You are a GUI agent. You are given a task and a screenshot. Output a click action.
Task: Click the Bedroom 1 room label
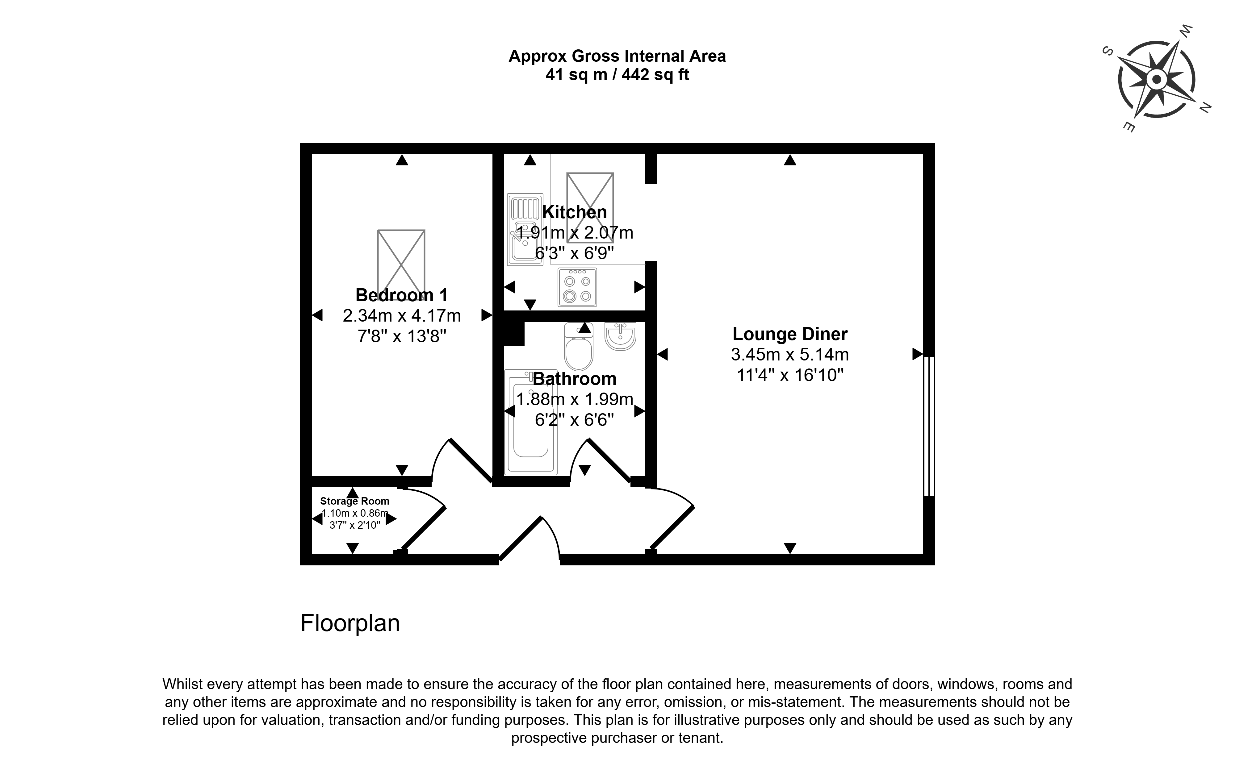pyautogui.click(x=401, y=295)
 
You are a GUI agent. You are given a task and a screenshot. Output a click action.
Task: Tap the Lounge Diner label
pyautogui.click(x=790, y=334)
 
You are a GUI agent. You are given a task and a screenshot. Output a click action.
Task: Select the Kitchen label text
pyautogui.click(x=574, y=212)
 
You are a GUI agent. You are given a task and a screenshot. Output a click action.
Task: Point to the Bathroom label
pyautogui.click(x=574, y=379)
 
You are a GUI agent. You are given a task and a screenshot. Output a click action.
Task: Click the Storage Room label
pyautogui.click(x=355, y=501)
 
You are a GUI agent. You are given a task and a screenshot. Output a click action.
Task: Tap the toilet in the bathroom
pyautogui.click(x=579, y=346)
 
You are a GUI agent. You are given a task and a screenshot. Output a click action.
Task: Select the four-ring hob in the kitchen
pyautogui.click(x=577, y=287)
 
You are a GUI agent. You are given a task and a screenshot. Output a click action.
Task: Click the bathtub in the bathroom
pyautogui.click(x=530, y=422)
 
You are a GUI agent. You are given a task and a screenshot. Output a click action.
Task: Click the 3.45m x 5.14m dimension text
pyautogui.click(x=790, y=354)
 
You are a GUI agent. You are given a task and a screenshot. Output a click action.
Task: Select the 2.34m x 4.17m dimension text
pyautogui.click(x=401, y=316)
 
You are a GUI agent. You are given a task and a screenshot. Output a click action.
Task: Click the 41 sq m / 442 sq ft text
pyautogui.click(x=617, y=75)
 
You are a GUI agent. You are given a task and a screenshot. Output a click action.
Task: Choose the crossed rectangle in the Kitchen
pyautogui.click(x=590, y=200)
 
